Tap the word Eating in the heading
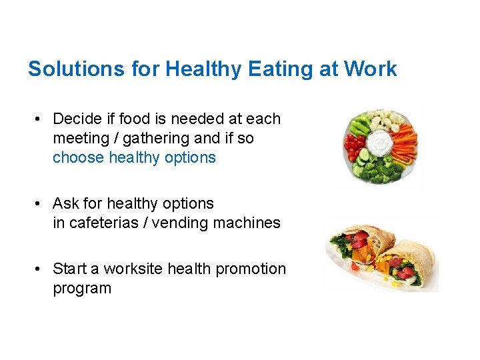pyautogui.click(x=259, y=69)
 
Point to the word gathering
pyautogui.click(x=154, y=138)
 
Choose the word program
pyautogui.click(x=82, y=288)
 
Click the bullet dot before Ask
pyautogui.click(x=40, y=203)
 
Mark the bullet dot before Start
pyautogui.click(x=40, y=269)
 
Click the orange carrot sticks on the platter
pyautogui.click(x=404, y=141)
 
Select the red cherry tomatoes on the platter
pyautogui.click(x=353, y=143)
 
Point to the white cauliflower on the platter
pyautogui.click(x=383, y=121)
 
